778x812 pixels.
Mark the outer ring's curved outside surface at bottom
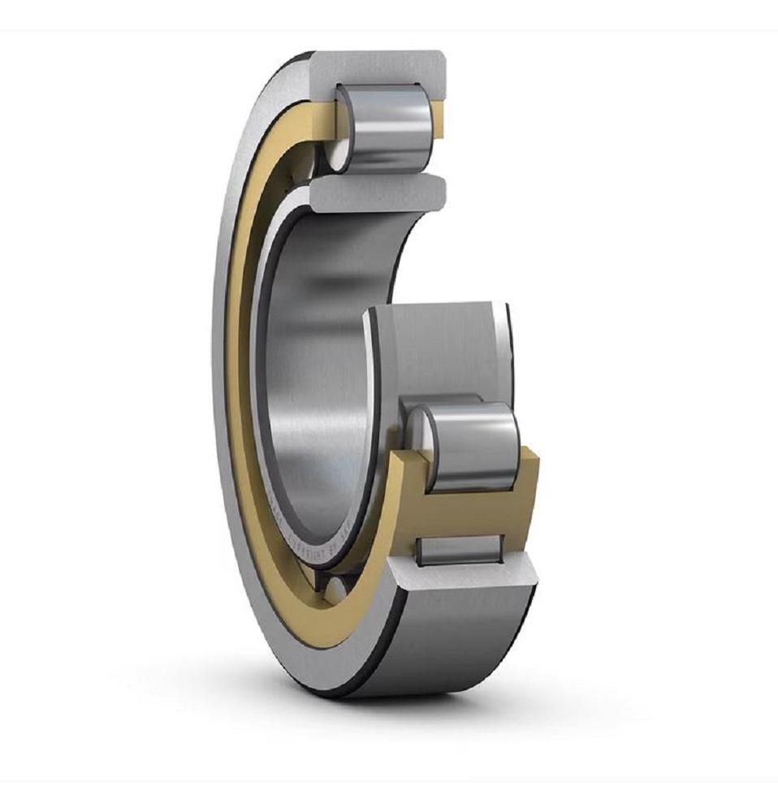[455, 650]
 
